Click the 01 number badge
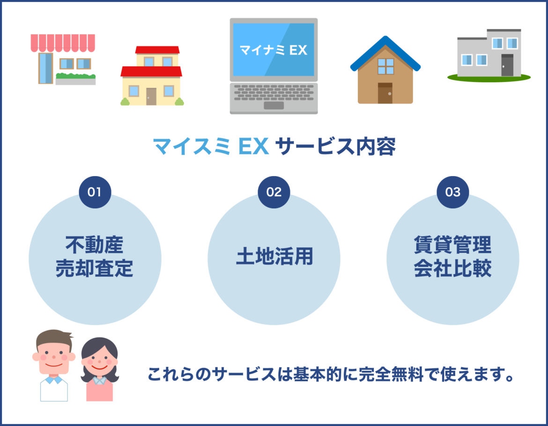click(95, 192)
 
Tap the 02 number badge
click(274, 192)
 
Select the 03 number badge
click(453, 192)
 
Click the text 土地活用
click(274, 257)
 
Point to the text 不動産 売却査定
click(95, 257)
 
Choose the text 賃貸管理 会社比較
click(453, 257)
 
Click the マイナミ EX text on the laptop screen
click(274, 50)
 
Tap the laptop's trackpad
click(274, 105)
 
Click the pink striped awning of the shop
click(63, 43)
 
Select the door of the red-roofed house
click(151, 96)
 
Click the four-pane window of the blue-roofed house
click(385, 66)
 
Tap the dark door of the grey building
click(507, 65)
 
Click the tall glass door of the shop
click(46, 68)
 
